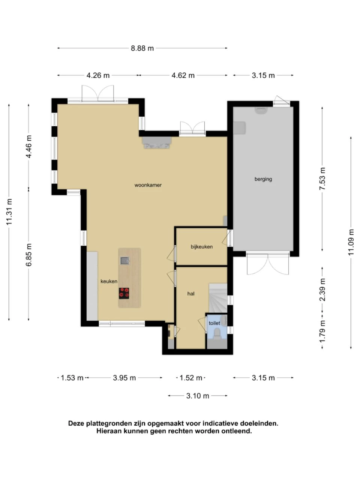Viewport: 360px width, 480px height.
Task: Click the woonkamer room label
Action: pos(148,185)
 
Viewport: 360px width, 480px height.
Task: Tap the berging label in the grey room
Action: pos(263,179)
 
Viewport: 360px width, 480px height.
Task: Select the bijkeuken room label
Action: pos(201,247)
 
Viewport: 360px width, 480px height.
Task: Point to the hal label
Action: pos(190,294)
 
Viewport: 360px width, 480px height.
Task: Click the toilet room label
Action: pos(214,323)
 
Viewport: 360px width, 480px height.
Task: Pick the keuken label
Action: pos(109,282)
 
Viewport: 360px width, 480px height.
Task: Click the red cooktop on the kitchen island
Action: pos(124,293)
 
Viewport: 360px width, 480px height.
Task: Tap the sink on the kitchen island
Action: pos(125,261)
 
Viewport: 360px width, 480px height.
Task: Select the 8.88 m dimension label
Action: pos(142,48)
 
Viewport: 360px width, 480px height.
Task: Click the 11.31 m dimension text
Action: pos(9,211)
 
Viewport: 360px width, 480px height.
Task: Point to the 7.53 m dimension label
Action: pos(322,178)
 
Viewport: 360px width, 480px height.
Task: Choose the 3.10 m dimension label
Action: pos(198,396)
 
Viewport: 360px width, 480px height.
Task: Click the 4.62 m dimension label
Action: pos(183,75)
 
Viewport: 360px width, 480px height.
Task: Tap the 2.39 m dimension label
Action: pos(322,290)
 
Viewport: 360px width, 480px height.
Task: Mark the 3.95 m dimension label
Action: pos(124,378)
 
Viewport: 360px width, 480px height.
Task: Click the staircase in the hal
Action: pos(218,298)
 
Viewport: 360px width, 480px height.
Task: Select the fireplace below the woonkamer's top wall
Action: pos(157,142)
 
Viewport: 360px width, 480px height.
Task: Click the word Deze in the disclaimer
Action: pos(76,423)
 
